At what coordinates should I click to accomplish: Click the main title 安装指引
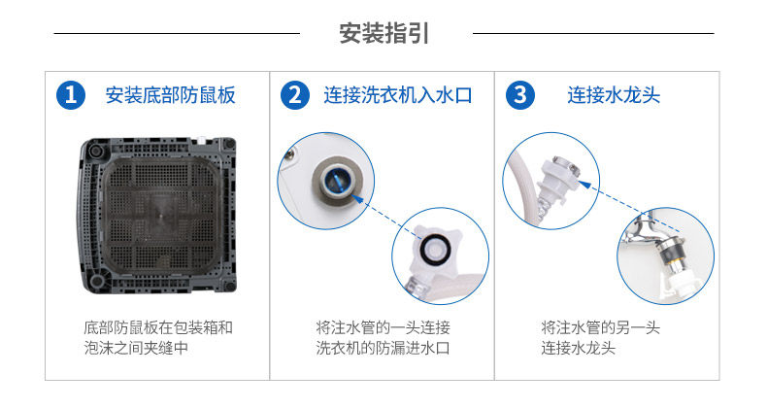(384, 33)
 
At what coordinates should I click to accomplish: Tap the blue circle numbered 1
(71, 95)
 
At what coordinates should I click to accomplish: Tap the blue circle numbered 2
(295, 95)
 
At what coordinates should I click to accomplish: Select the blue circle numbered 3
(520, 95)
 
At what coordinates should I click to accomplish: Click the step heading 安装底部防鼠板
(170, 95)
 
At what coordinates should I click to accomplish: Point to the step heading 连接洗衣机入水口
(398, 95)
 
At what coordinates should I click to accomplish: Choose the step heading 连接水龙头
(614, 95)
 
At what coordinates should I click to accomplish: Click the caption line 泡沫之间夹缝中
(136, 348)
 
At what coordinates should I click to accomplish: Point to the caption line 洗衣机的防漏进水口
(383, 348)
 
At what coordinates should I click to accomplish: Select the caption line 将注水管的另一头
(600, 327)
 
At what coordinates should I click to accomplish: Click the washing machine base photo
(157, 216)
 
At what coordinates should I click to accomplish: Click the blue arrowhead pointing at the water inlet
(356, 199)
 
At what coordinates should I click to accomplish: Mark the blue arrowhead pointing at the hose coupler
(584, 185)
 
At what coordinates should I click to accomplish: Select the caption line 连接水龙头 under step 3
(578, 348)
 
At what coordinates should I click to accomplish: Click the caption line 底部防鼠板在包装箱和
(158, 327)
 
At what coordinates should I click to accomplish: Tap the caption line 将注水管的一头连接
(383, 327)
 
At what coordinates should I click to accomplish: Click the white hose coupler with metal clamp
(556, 181)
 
